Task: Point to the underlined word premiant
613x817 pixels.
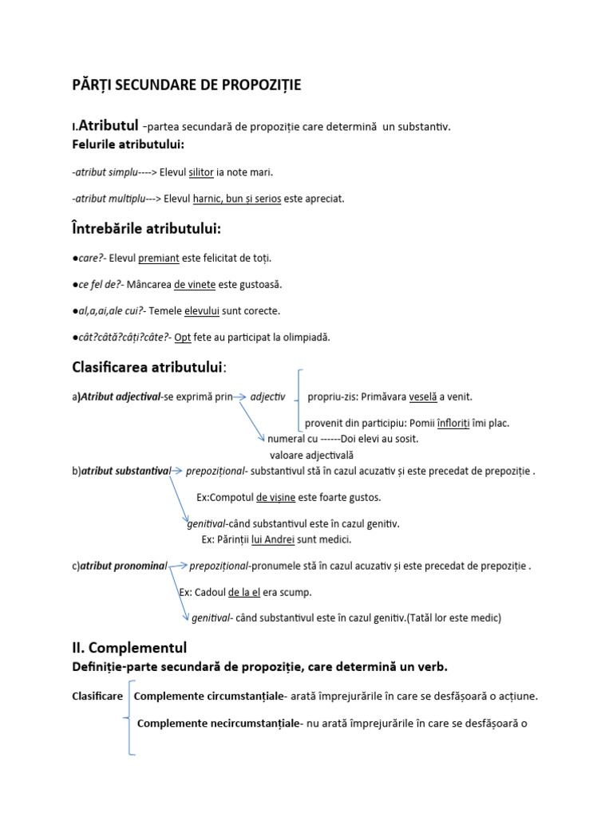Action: pyautogui.click(x=156, y=258)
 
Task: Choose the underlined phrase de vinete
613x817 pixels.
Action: pyautogui.click(x=195, y=284)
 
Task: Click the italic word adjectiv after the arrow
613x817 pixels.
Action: pyautogui.click(x=267, y=397)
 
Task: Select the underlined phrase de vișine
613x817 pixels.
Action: pyautogui.click(x=276, y=497)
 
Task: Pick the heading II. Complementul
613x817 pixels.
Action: pyautogui.click(x=129, y=648)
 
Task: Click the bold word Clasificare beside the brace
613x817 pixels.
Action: pyautogui.click(x=97, y=696)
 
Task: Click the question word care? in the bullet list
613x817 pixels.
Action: pyautogui.click(x=92, y=258)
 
